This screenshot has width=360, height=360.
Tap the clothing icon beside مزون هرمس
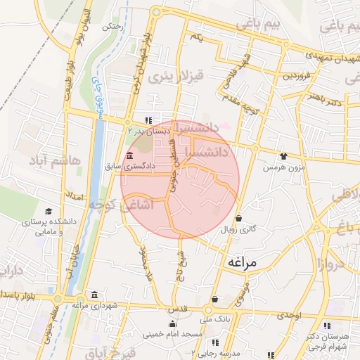tap(283, 157)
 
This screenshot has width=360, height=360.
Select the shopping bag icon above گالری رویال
tap(240, 219)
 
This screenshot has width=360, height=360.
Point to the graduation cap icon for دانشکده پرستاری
tap(49, 212)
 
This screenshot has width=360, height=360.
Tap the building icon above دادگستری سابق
tap(129, 156)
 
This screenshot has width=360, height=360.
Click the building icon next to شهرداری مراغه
tap(94, 295)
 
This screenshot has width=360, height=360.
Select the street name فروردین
tap(297, 75)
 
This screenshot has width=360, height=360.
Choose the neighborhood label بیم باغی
tap(267, 24)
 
